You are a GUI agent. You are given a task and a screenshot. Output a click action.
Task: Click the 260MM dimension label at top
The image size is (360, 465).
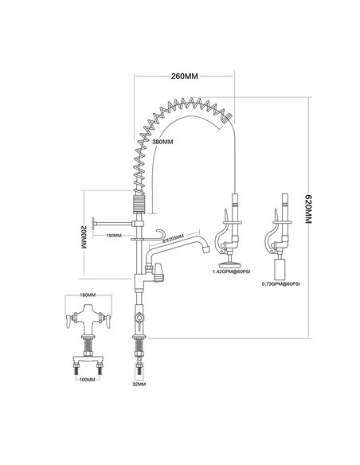point(185,76)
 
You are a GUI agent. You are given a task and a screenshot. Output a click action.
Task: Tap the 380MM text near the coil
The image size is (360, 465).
point(162,143)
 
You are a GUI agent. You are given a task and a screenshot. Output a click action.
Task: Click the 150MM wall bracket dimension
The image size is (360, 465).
point(114,236)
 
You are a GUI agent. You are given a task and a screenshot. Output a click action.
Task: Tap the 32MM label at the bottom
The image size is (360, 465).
point(139,384)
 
